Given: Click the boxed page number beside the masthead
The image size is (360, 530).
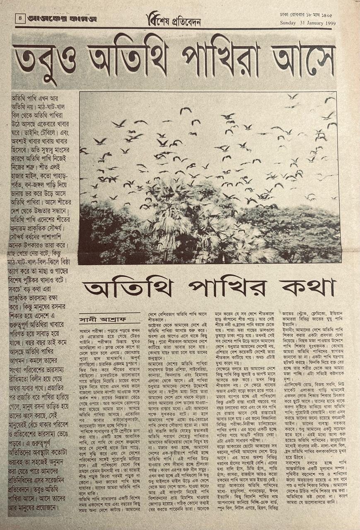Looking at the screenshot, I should tap(19, 18).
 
